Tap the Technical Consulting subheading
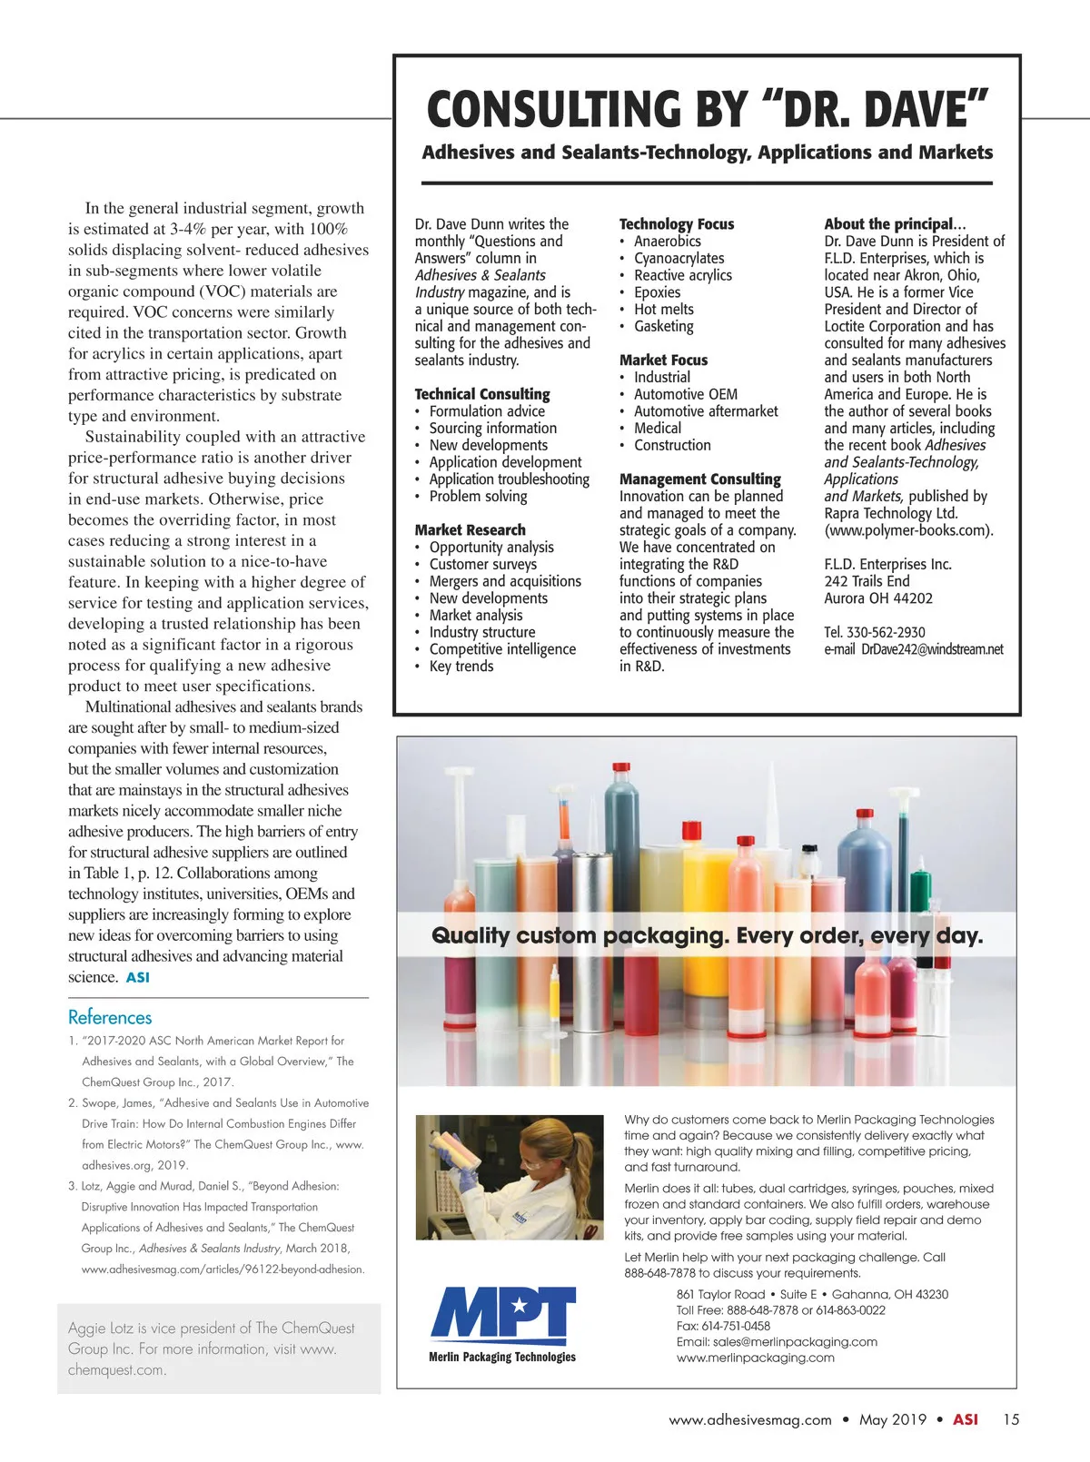[482, 394]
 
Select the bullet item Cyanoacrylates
[679, 259]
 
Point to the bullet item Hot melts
[663, 310]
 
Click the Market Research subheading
[470, 530]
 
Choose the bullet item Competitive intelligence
[502, 649]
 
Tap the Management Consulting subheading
[699, 479]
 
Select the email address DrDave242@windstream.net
[932, 649]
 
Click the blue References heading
[110, 1017]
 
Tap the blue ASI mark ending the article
[138, 978]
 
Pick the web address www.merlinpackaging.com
[755, 1358]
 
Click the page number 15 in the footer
[1011, 1419]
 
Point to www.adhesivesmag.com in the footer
[750, 1420]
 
